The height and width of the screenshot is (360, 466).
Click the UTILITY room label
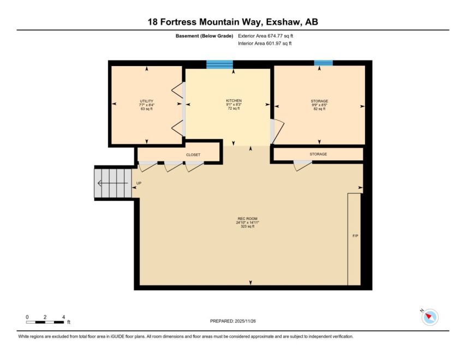point(147,101)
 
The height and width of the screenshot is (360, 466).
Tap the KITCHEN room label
point(234,101)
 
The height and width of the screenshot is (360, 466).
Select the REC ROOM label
point(248,219)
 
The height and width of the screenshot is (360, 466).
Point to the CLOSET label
point(193,155)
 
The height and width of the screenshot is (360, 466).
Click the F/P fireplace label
point(355,236)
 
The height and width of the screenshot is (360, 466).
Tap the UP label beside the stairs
point(139,183)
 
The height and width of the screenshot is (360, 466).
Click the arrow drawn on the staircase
point(112,183)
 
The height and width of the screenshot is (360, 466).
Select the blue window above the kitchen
point(219,64)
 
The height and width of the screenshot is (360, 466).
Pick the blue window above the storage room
point(324,63)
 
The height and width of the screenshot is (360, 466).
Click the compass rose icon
point(430,317)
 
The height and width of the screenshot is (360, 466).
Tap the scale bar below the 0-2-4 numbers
point(45,322)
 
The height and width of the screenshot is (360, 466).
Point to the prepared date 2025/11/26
point(245,321)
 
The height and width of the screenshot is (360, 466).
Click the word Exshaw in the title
point(284,22)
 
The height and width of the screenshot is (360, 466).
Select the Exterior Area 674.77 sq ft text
point(265,36)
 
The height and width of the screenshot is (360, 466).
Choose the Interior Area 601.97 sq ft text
point(265,44)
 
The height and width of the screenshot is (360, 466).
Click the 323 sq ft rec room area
point(248,226)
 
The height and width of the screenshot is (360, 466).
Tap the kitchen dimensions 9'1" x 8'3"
point(234,105)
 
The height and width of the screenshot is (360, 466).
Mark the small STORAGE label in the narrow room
point(318,154)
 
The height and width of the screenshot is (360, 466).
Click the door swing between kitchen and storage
point(277,131)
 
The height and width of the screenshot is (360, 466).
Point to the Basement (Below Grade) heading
point(204,36)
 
